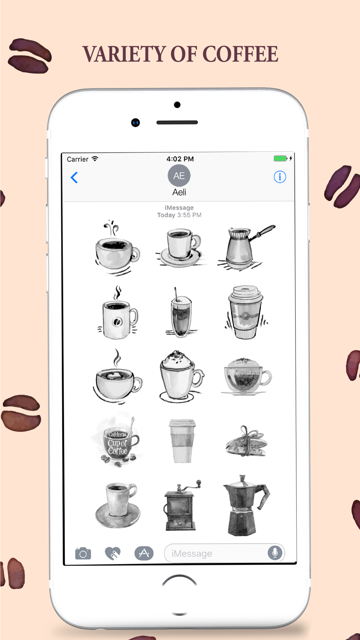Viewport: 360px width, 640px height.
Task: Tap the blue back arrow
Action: tap(74, 177)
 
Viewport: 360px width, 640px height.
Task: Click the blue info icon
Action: tap(280, 177)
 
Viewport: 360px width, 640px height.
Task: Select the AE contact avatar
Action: tap(179, 176)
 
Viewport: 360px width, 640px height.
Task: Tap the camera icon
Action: tap(83, 553)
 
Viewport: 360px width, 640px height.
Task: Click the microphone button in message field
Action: tap(275, 553)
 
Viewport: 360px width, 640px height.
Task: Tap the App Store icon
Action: tap(144, 553)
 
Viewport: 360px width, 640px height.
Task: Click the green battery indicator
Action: tap(280, 158)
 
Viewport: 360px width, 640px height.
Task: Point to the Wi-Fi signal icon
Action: tap(95, 159)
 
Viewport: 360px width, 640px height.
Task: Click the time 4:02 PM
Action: tap(180, 159)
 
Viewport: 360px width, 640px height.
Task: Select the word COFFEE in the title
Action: tap(240, 54)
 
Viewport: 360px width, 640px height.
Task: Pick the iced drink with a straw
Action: tap(181, 312)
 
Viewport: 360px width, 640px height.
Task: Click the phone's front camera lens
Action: tap(135, 123)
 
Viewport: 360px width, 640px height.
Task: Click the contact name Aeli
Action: tap(179, 192)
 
